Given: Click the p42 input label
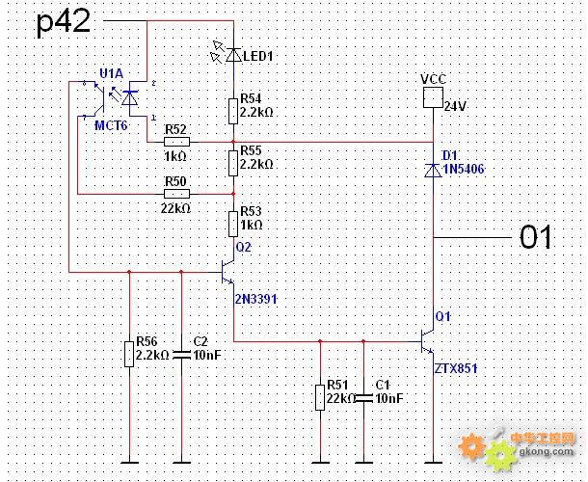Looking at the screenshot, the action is pyautogui.click(x=64, y=23).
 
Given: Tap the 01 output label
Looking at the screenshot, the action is pyautogui.click(x=535, y=237).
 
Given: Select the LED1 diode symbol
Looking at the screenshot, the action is pyautogui.click(x=233, y=56).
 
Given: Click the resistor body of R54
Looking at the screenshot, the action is pyautogui.click(x=233, y=112).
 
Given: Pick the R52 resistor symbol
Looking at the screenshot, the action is pyautogui.click(x=176, y=142).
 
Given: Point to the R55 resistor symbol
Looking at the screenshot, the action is pyautogui.click(x=233, y=163).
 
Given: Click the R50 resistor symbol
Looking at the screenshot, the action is pyautogui.click(x=176, y=194).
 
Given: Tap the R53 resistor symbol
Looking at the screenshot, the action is pyautogui.click(x=233, y=224).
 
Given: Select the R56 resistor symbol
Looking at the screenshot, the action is pyautogui.click(x=129, y=354).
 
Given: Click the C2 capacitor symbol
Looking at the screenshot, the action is pyautogui.click(x=181, y=355).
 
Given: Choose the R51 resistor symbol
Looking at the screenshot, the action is pyautogui.click(x=320, y=397).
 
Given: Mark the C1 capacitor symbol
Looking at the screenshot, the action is pyautogui.click(x=363, y=398).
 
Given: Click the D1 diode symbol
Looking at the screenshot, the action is pyautogui.click(x=433, y=171).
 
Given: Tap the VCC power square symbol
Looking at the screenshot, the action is pyautogui.click(x=433, y=97).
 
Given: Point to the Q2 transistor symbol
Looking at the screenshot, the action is pyautogui.click(x=228, y=272).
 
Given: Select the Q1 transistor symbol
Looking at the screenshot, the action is pyautogui.click(x=427, y=341).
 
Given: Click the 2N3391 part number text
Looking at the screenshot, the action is pyautogui.click(x=256, y=299).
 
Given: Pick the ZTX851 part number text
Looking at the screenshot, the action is pyautogui.click(x=456, y=368).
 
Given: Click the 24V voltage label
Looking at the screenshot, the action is pyautogui.click(x=455, y=107).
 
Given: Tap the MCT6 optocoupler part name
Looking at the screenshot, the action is pyautogui.click(x=111, y=125).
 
